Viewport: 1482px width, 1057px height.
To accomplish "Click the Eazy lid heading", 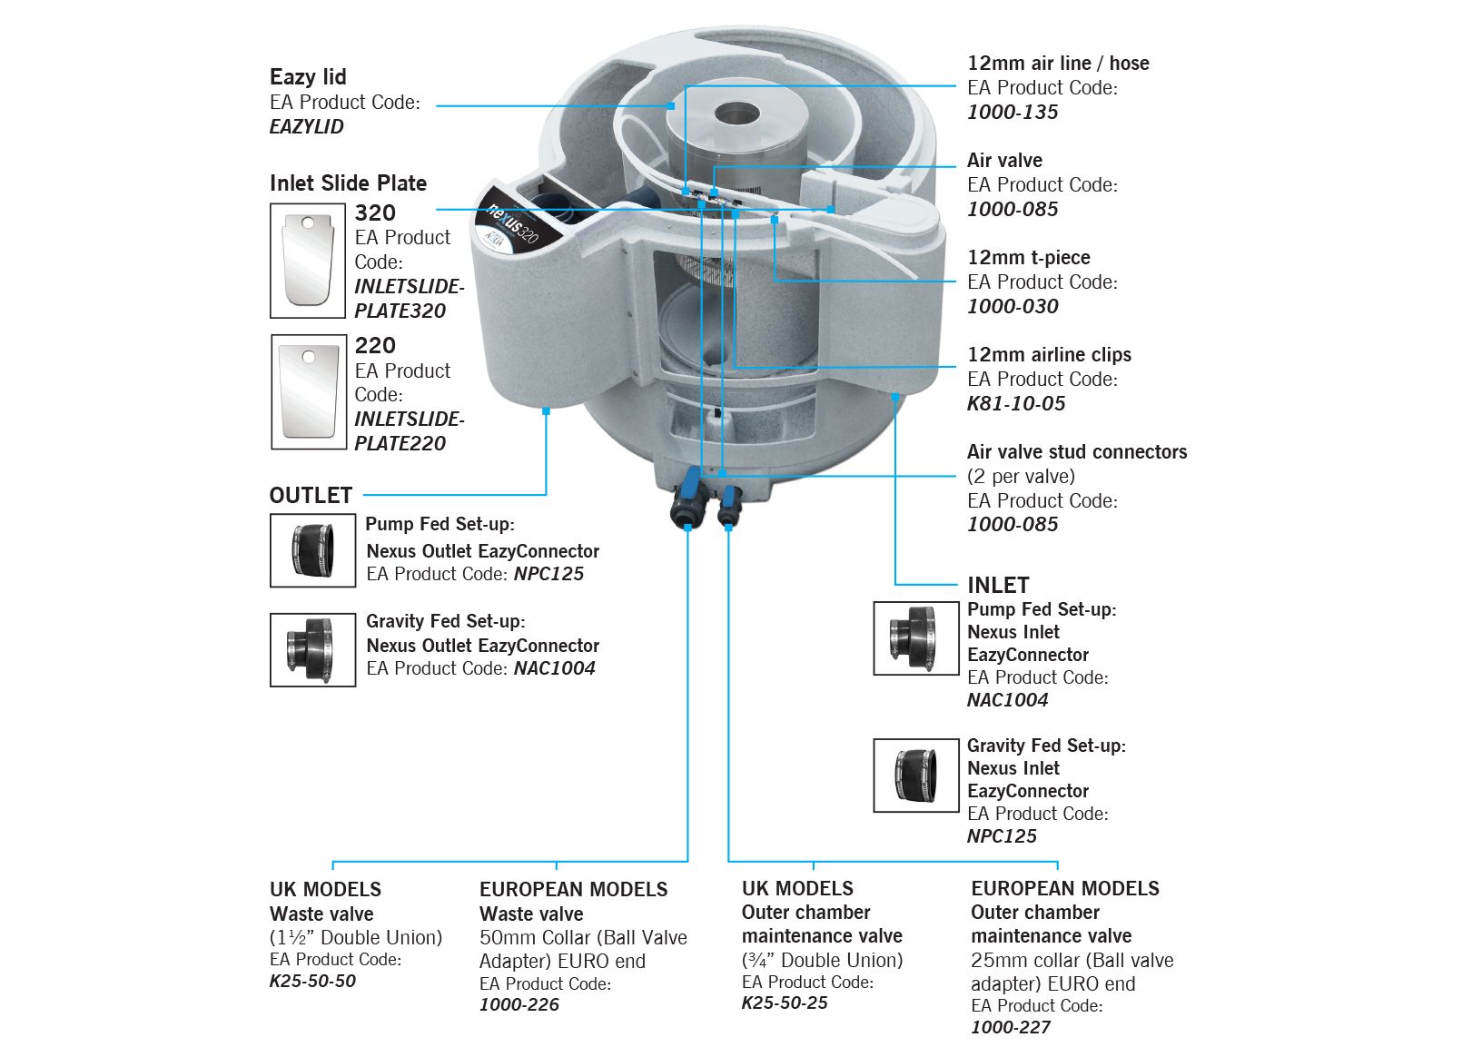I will tap(308, 77).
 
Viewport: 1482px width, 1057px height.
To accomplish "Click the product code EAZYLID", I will tap(307, 127).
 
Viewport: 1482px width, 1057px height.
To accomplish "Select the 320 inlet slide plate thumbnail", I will tap(308, 260).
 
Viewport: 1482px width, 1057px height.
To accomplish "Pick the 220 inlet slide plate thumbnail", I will tap(309, 391).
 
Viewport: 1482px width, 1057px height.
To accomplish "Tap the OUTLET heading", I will tap(311, 496).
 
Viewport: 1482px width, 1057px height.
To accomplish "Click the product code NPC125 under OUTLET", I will tap(548, 574).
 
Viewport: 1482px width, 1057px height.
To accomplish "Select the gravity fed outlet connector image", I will tap(312, 649).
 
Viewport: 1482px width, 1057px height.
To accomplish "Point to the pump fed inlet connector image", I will tap(915, 637).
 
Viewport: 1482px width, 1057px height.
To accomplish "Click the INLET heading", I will tap(998, 586).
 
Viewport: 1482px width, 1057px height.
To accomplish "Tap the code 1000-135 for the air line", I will tap(1013, 113).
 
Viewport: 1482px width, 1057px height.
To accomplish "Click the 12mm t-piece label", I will tap(1029, 258).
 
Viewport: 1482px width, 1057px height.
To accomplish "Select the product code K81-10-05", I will tap(1016, 404).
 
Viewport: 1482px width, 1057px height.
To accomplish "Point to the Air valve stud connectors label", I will tap(1076, 452).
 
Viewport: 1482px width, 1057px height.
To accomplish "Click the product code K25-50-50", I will tap(312, 982).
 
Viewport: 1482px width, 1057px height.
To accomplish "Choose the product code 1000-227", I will tap(1011, 1028).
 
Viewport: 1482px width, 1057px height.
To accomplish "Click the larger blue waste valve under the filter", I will tap(687, 503).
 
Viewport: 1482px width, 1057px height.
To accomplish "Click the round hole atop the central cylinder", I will tap(736, 114).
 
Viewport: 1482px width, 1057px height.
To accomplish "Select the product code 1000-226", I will tap(519, 1005).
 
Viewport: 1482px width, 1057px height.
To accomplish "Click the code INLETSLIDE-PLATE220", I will tap(408, 431).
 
